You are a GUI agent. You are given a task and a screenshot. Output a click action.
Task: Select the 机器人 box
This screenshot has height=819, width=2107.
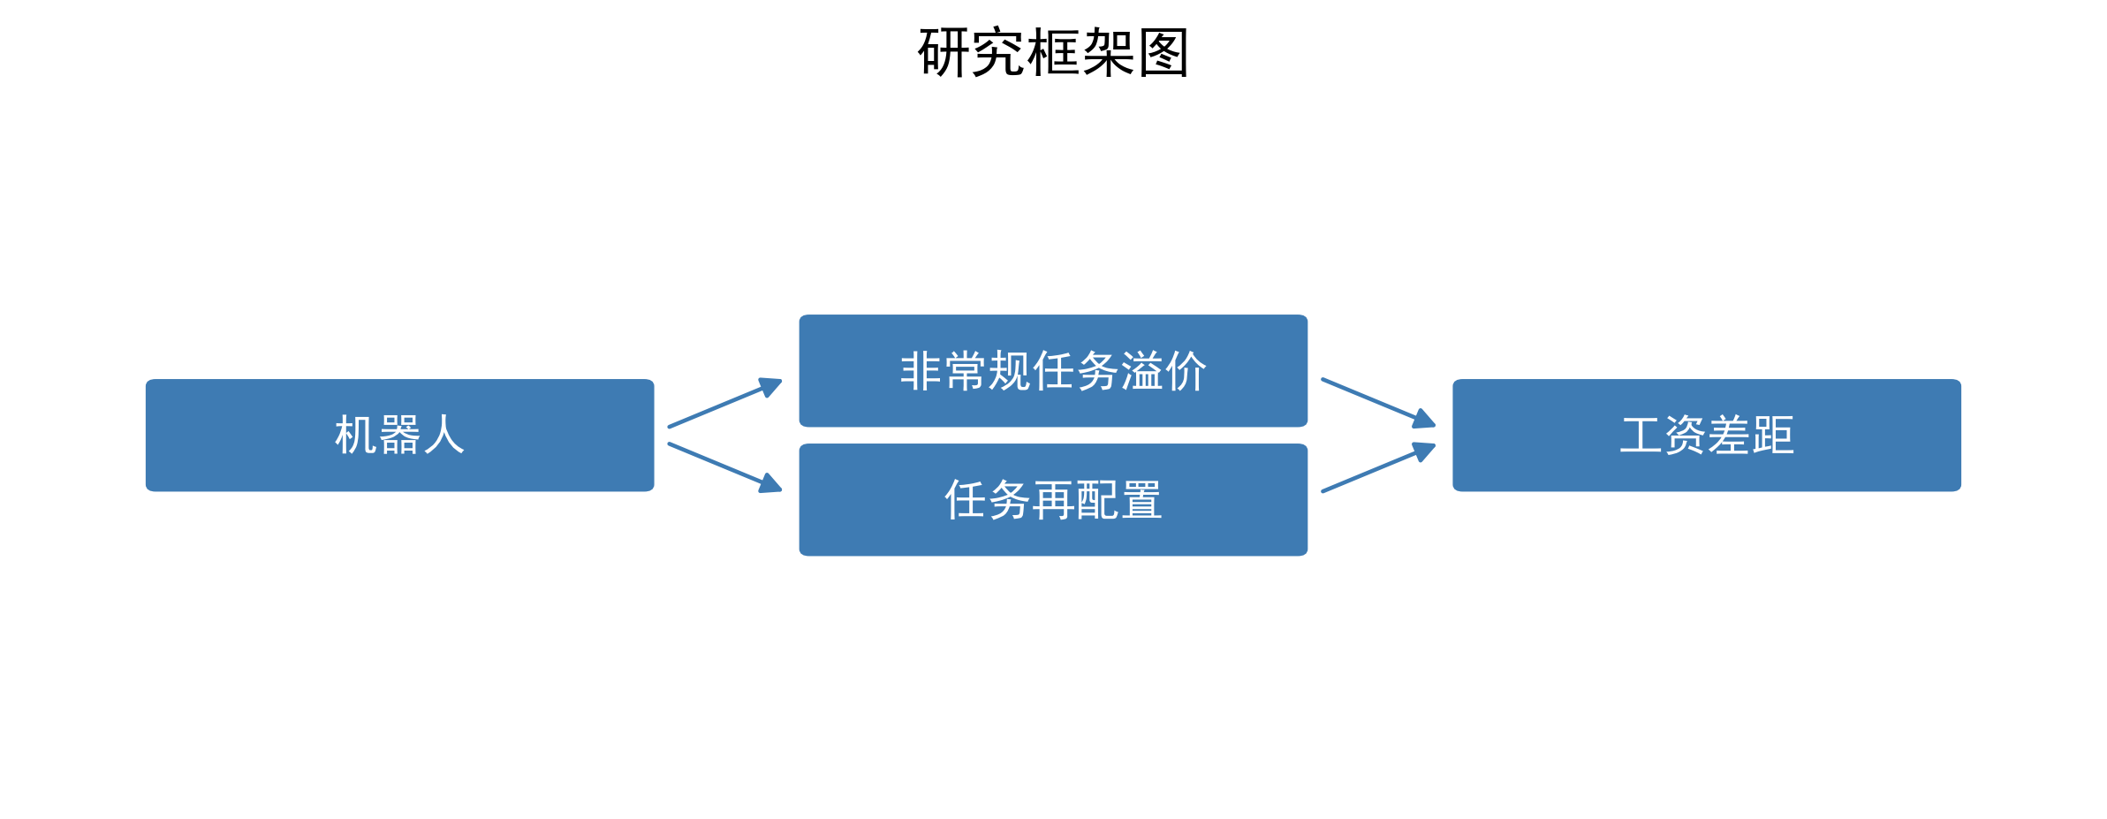pyautogui.click(x=399, y=436)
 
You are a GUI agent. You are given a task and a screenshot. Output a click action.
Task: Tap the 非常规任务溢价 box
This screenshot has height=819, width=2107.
pyautogui.click(x=1053, y=371)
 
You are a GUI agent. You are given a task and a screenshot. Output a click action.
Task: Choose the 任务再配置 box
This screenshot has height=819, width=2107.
pyautogui.click(x=1053, y=500)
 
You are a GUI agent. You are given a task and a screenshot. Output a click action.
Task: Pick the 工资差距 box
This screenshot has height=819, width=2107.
pyautogui.click(x=1707, y=436)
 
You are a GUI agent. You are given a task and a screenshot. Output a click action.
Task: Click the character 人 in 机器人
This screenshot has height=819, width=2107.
pyautogui.click(x=443, y=436)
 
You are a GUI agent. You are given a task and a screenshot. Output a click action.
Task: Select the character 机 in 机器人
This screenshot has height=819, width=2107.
pyautogui.click(x=356, y=436)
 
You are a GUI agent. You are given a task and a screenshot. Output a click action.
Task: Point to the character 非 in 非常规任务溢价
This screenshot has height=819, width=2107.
pyautogui.click(x=921, y=371)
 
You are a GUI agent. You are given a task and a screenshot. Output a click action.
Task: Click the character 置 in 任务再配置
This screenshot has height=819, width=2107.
pyautogui.click(x=1141, y=500)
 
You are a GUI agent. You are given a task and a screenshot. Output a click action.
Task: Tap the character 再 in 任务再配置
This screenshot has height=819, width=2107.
pyautogui.click(x=1053, y=500)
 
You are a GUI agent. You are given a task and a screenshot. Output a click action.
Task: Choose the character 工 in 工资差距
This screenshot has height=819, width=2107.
pyautogui.click(x=1641, y=436)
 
